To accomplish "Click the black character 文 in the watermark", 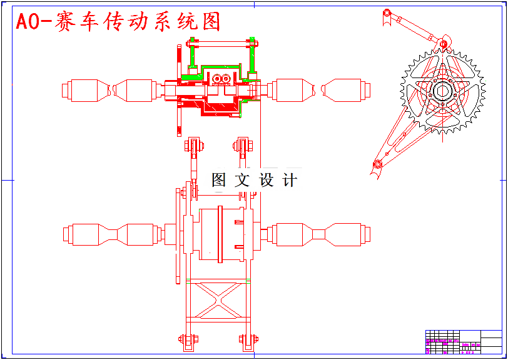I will tap(242, 181).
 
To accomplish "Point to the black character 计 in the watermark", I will tap(290, 181).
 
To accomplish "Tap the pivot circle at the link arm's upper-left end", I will tap(387, 12).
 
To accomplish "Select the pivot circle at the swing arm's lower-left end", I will tap(377, 164).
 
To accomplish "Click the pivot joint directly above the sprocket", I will tap(442, 44).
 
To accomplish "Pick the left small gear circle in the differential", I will tap(216, 79).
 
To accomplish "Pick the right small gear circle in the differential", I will tap(225, 79).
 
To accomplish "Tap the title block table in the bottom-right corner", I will tap(463, 342).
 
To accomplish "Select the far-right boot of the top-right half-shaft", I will tap(343, 90).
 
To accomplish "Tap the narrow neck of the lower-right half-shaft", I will tap(319, 234).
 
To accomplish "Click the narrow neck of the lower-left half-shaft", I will tap(112, 234).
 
